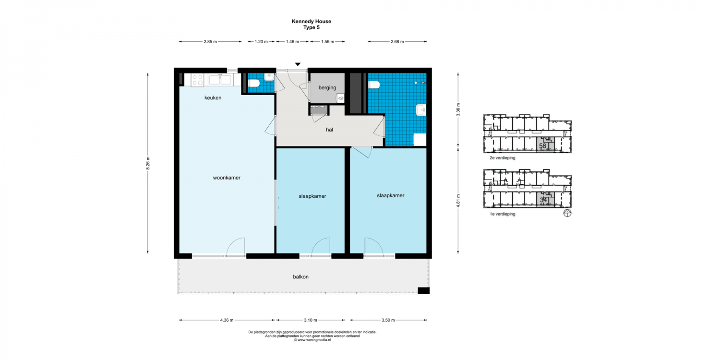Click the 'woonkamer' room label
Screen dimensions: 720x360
coord(227,178)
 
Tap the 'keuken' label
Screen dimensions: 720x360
coord(213,98)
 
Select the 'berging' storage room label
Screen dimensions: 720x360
coord(327,88)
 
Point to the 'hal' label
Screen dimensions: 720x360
coord(329,130)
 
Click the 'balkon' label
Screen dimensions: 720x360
coord(300,277)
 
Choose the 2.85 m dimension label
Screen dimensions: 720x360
coord(210,41)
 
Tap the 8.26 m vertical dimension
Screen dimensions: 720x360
coord(148,163)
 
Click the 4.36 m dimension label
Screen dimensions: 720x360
coord(227,320)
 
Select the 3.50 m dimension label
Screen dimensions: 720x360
coord(388,320)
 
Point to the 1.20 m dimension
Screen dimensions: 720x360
coord(261,41)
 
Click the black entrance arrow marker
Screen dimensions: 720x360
coord(298,65)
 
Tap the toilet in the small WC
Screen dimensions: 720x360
coord(254,84)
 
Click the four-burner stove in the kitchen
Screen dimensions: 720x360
coord(198,80)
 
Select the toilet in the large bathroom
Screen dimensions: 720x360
coord(374,85)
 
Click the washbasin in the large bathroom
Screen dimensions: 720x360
coord(421,110)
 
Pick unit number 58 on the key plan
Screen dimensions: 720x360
coord(542,146)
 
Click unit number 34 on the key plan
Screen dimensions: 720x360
coord(543,200)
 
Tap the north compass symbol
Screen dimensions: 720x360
coord(567,213)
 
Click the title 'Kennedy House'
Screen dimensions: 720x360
coord(312,22)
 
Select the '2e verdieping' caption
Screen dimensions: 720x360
coord(503,158)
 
